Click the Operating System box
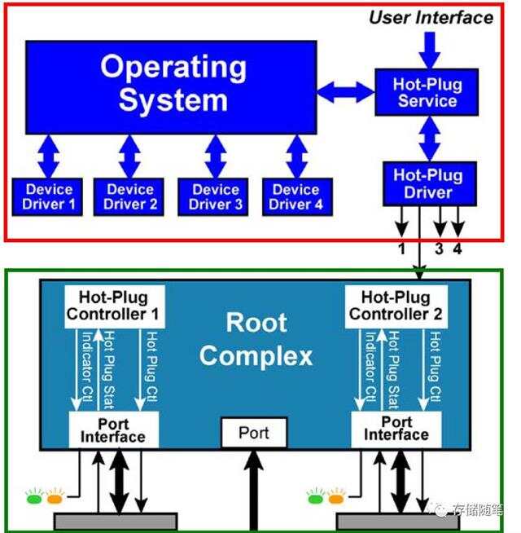[171, 86]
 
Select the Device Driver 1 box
[46, 196]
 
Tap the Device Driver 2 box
[129, 196]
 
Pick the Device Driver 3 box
[216, 196]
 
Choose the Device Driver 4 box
[297, 196]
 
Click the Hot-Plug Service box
[425, 92]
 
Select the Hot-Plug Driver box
[427, 183]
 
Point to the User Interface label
[431, 17]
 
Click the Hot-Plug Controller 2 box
[395, 306]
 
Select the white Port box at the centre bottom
[254, 433]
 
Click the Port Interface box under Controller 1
[112, 429]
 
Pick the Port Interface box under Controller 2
[396, 429]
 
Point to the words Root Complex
[256, 339]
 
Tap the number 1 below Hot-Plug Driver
[401, 249]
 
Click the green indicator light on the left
[34, 496]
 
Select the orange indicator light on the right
[334, 496]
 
